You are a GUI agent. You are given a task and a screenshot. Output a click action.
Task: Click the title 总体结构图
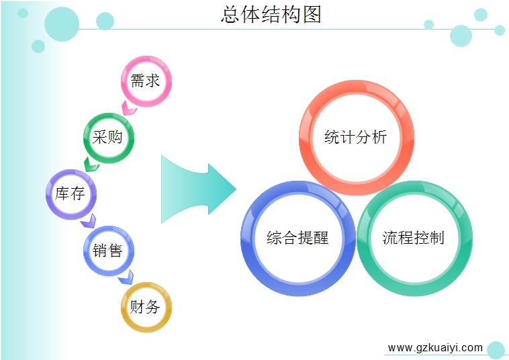tap(271, 15)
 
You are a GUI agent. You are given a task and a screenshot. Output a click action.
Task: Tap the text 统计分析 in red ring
tap(355, 137)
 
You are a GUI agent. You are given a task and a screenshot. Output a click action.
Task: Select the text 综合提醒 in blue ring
tap(297, 238)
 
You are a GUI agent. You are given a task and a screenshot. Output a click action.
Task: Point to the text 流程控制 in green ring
tap(413, 238)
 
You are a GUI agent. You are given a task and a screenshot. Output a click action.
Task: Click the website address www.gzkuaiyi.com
tap(435, 348)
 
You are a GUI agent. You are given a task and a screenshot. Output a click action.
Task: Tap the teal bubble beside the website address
tap(496, 350)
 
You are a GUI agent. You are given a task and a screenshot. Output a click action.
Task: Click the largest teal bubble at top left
tap(62, 24)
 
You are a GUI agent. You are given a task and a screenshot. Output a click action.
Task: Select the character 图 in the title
tap(312, 15)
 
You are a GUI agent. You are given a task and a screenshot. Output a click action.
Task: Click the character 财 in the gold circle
tap(137, 307)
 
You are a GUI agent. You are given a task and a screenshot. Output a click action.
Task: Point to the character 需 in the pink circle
tap(137, 81)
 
